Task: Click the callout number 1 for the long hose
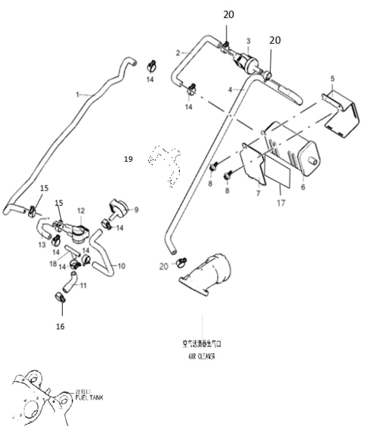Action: click(77, 95)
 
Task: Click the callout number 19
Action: click(128, 159)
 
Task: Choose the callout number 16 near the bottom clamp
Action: click(60, 326)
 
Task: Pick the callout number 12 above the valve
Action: click(81, 210)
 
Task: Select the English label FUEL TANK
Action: click(89, 397)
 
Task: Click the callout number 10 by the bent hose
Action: click(121, 266)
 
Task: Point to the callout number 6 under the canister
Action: click(303, 187)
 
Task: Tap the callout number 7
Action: click(258, 194)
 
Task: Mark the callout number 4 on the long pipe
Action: click(230, 89)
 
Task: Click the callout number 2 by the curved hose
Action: click(178, 53)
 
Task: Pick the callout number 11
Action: click(84, 286)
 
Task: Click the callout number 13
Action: click(41, 245)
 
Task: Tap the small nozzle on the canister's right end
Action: click(311, 160)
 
